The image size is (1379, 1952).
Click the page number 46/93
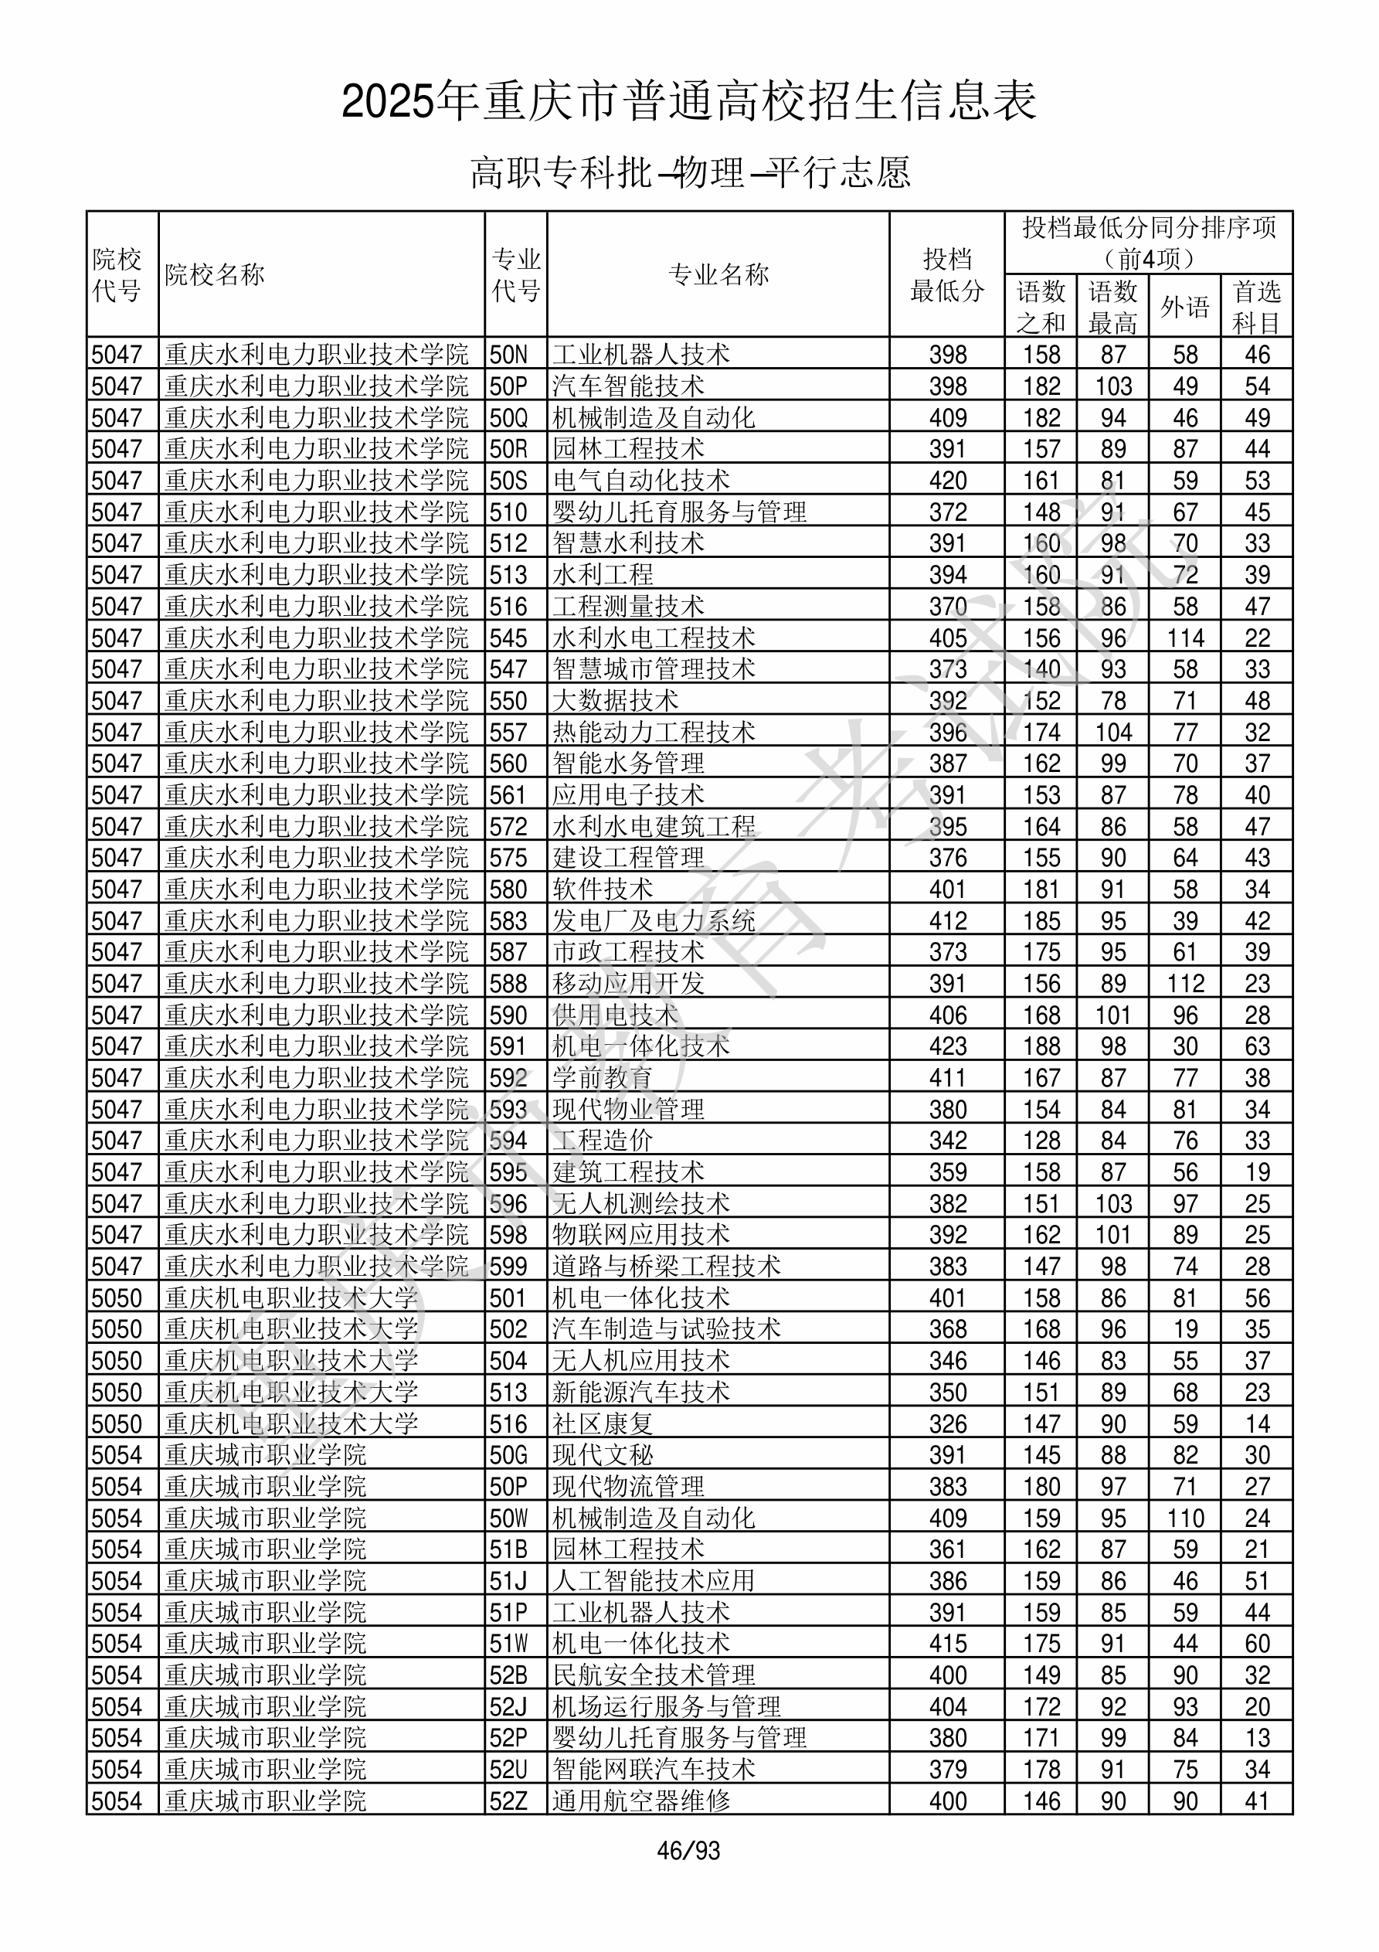coord(688,1849)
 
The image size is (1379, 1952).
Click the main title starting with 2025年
coord(688,102)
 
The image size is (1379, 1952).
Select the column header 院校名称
coord(215,274)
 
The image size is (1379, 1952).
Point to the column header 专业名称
coord(718,274)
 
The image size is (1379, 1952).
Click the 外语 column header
coord(1184,307)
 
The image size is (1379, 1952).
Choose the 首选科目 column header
coord(1257,307)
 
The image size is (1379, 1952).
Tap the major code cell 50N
coord(508,355)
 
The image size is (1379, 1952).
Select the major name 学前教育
coord(603,1077)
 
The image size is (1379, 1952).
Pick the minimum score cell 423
coord(947,1046)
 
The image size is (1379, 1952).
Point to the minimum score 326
coord(947,1423)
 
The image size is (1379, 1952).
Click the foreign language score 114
coord(1185,638)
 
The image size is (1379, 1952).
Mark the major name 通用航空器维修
coord(641,1801)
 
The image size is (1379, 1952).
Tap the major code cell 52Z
coord(508,1801)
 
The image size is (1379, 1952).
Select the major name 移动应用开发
coord(628,983)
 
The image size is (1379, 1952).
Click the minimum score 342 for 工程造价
coord(947,1140)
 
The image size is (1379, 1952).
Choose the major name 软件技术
coord(603,889)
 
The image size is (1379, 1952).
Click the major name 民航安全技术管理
coord(654,1675)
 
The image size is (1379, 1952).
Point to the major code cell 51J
coord(508,1580)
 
